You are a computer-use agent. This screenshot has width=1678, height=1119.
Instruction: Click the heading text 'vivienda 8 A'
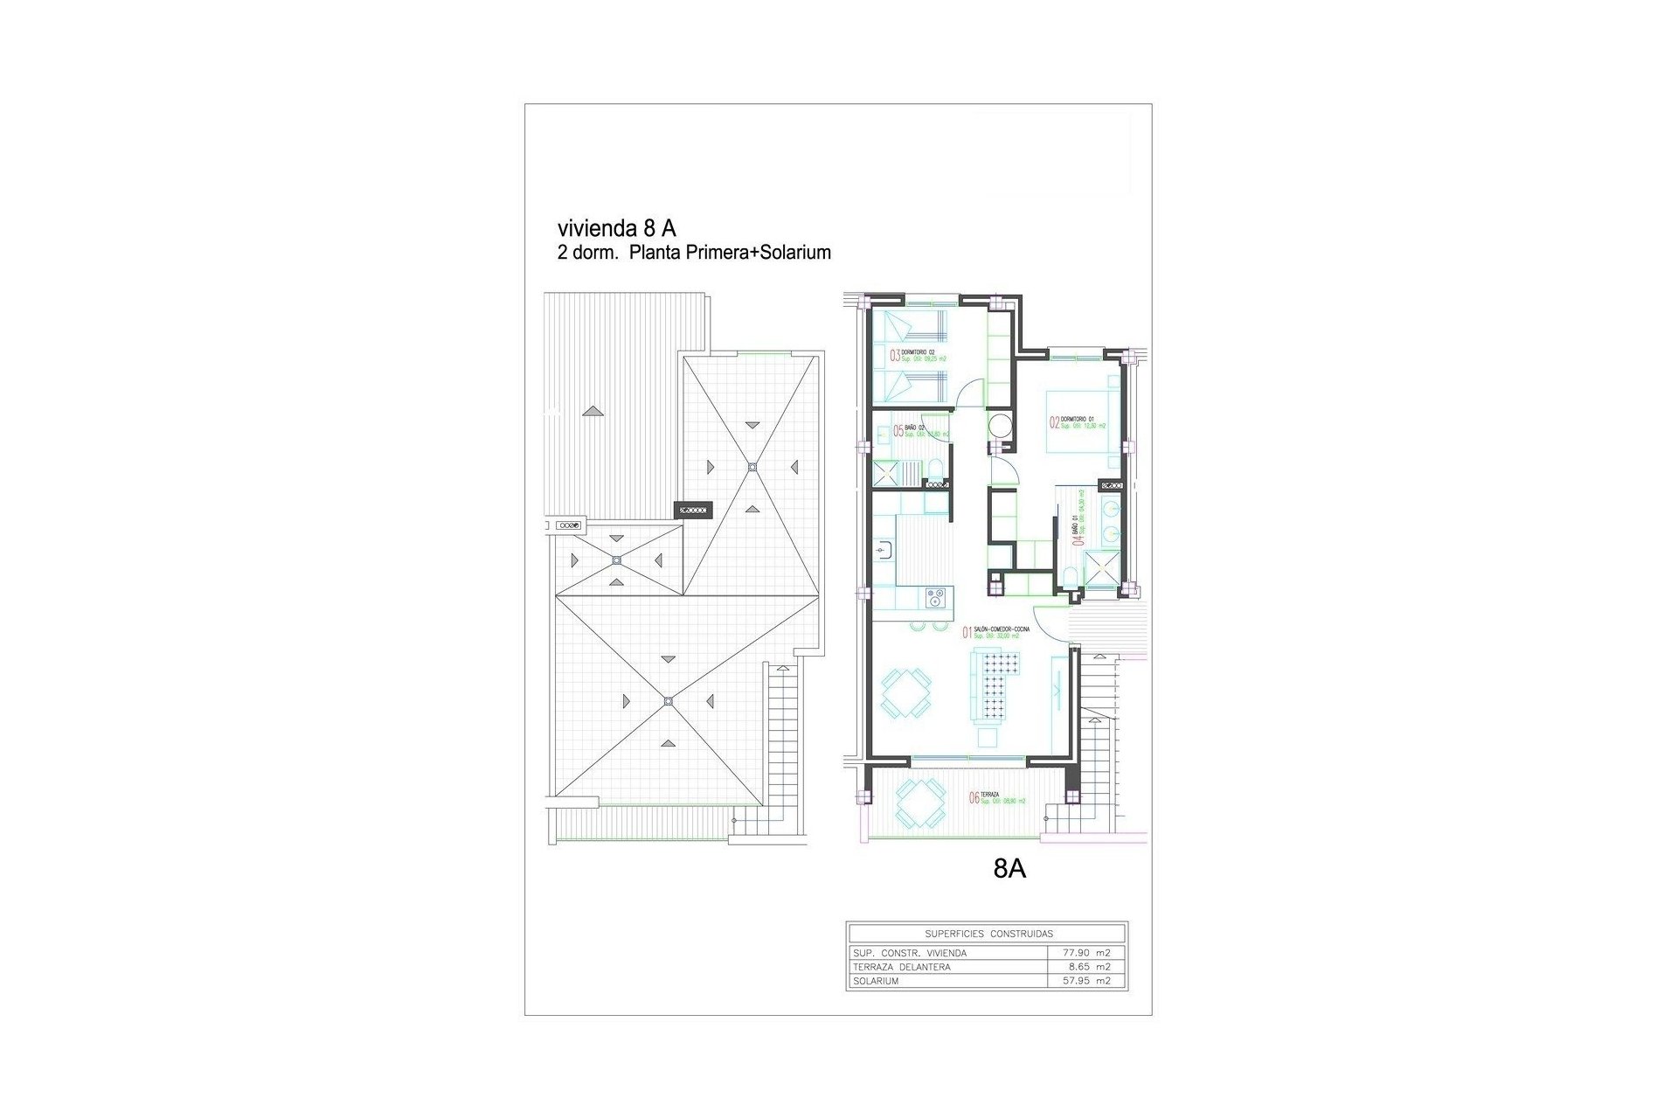click(x=616, y=228)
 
